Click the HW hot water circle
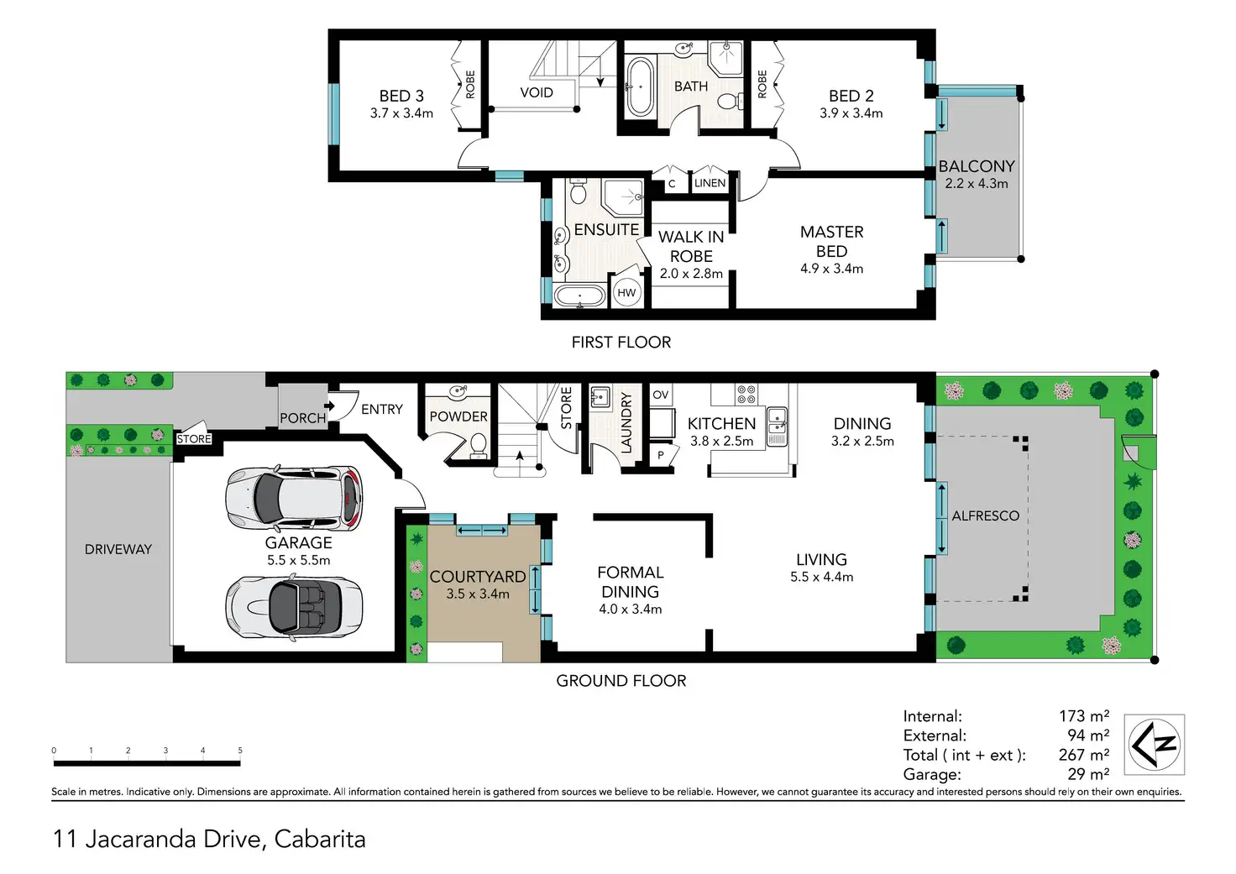point(626,292)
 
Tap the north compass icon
point(1155,745)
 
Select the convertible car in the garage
point(294,608)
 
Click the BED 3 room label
point(401,96)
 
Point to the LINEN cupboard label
point(710,183)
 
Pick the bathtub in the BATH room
point(640,86)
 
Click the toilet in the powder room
point(479,446)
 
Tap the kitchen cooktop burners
point(746,395)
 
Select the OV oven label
point(661,395)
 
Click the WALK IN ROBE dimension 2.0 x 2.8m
point(691,274)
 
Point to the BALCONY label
point(977,166)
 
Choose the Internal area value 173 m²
point(1084,715)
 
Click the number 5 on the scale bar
point(240,751)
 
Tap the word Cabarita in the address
point(320,840)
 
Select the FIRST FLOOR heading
point(621,342)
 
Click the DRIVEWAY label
point(118,549)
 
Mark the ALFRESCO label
point(986,516)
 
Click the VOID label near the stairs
point(537,92)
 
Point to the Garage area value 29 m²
point(1088,773)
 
